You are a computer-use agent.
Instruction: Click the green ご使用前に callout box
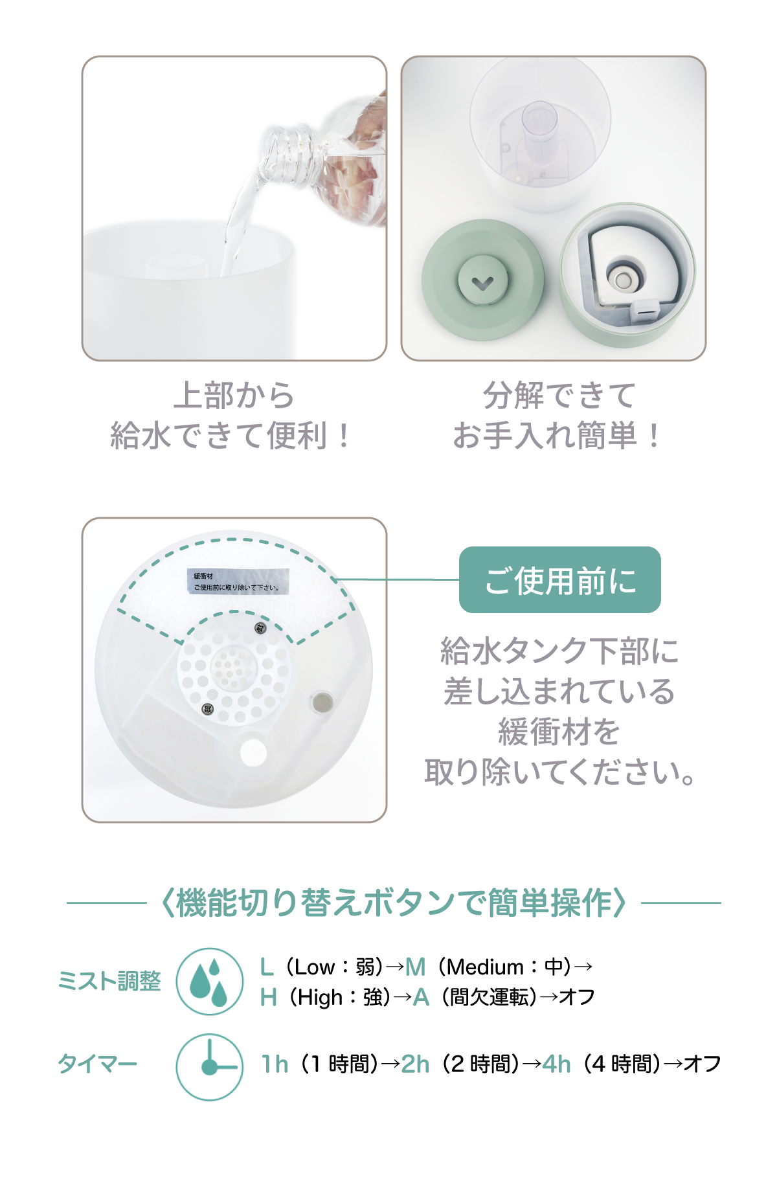tap(559, 579)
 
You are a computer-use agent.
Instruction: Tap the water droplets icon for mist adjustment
tap(209, 982)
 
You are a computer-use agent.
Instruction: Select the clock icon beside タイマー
tap(209, 1066)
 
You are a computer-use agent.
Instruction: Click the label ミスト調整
tap(109, 981)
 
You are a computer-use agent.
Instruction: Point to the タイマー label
tap(98, 1063)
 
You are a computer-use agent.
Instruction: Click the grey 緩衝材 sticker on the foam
tap(238, 581)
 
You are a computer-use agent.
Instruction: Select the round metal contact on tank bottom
tap(322, 702)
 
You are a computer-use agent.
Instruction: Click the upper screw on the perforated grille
tap(260, 627)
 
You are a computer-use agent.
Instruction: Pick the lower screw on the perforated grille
tap(208, 709)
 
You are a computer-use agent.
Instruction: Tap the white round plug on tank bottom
tap(253, 752)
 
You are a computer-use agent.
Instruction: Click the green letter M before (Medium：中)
tap(415, 967)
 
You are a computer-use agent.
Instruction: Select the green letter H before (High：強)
tap(268, 998)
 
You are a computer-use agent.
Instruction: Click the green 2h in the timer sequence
tap(415, 1064)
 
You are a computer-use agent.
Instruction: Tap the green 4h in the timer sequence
tap(556, 1064)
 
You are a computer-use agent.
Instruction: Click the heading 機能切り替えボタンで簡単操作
tap(394, 903)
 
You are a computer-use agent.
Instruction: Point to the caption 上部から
tap(234, 395)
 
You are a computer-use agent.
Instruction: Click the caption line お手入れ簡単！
tap(557, 434)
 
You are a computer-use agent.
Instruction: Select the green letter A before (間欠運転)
tap(421, 998)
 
